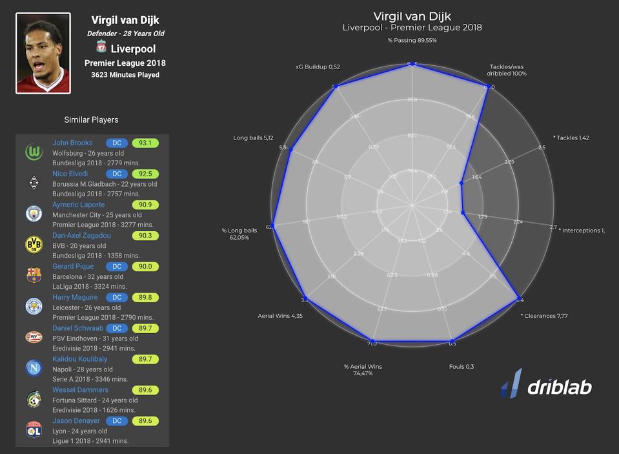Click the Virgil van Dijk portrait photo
(x=43, y=54)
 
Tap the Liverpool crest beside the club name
(x=101, y=47)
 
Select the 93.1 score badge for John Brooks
(x=145, y=143)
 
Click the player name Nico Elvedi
(x=70, y=174)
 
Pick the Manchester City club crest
(x=34, y=214)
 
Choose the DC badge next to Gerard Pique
(x=117, y=267)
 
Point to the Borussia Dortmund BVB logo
(x=34, y=244)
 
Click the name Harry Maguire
(x=76, y=297)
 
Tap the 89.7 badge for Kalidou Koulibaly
(x=145, y=359)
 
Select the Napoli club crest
(x=34, y=368)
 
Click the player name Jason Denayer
(x=76, y=421)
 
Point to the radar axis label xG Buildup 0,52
(x=318, y=67)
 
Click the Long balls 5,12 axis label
(x=254, y=138)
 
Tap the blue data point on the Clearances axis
(x=518, y=298)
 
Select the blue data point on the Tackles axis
(x=461, y=183)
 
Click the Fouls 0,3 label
(x=462, y=367)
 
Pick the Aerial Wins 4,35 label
(x=279, y=316)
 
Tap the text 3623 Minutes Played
(x=125, y=75)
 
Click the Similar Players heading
(x=91, y=119)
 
